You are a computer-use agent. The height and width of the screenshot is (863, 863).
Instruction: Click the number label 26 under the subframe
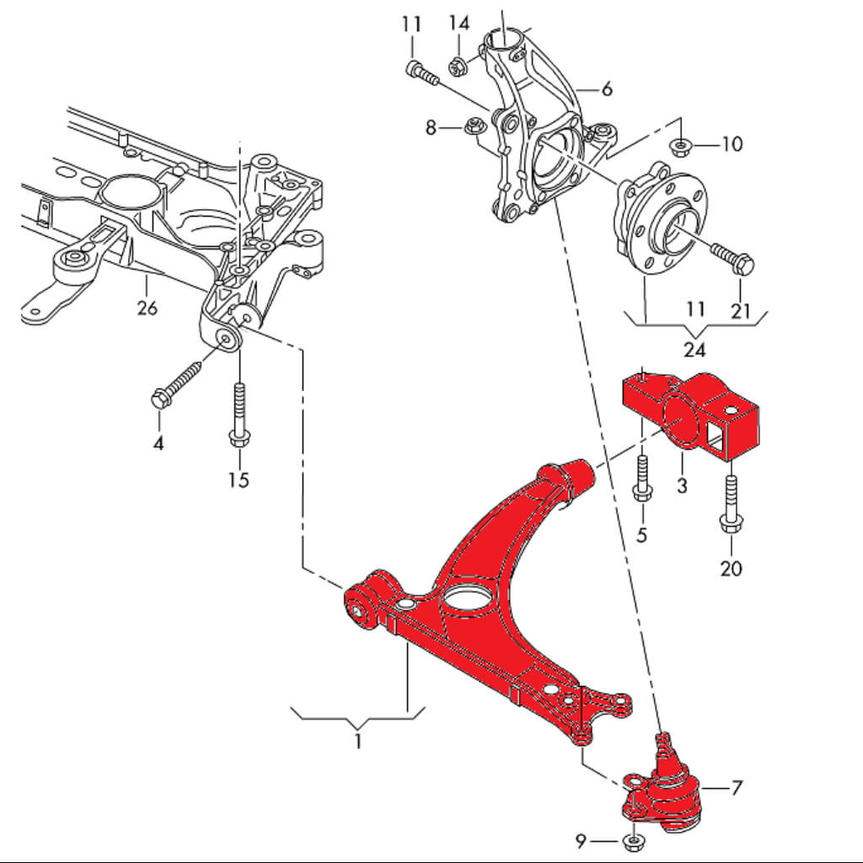(147, 308)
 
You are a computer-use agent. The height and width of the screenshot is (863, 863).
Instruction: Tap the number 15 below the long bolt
(239, 480)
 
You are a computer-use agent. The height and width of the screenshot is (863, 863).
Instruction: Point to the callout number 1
(358, 742)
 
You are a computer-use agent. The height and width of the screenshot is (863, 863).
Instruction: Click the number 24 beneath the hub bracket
(695, 348)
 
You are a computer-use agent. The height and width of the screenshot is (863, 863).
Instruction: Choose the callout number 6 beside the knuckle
(606, 88)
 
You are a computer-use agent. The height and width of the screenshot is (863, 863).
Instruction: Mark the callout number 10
(732, 144)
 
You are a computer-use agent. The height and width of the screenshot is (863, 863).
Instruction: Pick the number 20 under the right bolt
(731, 568)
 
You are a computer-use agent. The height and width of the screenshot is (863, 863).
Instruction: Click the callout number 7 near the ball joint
(737, 788)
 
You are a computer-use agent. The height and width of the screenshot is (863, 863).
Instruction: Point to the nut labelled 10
(679, 147)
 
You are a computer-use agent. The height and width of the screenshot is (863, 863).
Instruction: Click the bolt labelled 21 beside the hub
(732, 257)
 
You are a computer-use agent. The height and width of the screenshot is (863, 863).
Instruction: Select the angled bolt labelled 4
(178, 381)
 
